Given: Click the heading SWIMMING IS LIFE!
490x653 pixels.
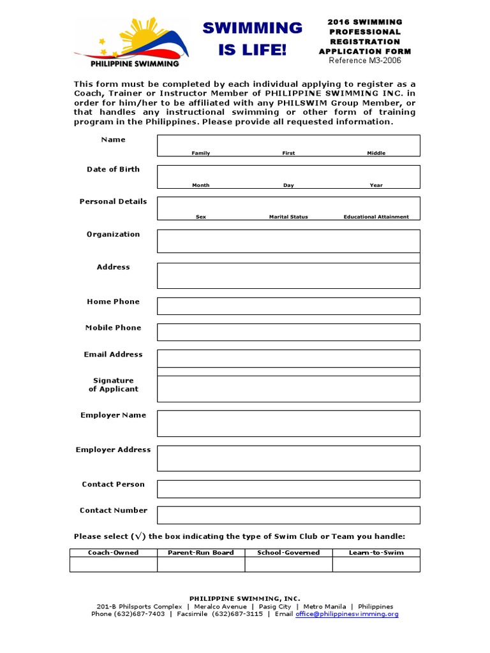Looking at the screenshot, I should pos(253,38).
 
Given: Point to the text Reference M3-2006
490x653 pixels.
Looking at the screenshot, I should pos(365,61).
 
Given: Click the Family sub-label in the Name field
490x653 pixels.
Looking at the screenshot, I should pos(201,153).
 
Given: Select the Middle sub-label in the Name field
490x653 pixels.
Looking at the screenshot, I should pos(376,153).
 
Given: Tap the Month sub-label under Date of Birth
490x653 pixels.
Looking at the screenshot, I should pos(201,185).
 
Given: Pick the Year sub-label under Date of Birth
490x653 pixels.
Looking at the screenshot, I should pos(376,185).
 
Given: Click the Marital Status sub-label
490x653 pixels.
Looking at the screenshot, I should pos(288,217).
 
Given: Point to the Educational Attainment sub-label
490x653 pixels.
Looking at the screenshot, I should pos(376,217).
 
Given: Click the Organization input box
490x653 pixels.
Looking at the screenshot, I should pos(288,241).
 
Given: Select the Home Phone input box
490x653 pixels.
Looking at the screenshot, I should pos(288,306).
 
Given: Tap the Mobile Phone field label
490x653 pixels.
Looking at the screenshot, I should pos(114,328).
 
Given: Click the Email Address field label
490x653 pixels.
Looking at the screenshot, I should pos(114,355).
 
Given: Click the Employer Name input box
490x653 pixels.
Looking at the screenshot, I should pos(288,423).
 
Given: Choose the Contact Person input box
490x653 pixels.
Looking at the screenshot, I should pos(288,489).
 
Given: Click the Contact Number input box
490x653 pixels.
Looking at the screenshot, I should pos(288,515).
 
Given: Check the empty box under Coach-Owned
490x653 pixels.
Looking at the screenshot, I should pos(114,564).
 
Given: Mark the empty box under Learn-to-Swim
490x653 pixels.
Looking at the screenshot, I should pos(376,564).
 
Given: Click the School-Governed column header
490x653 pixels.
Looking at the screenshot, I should pos(288,552).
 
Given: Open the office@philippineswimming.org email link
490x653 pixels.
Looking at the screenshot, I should pos(346,614).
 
